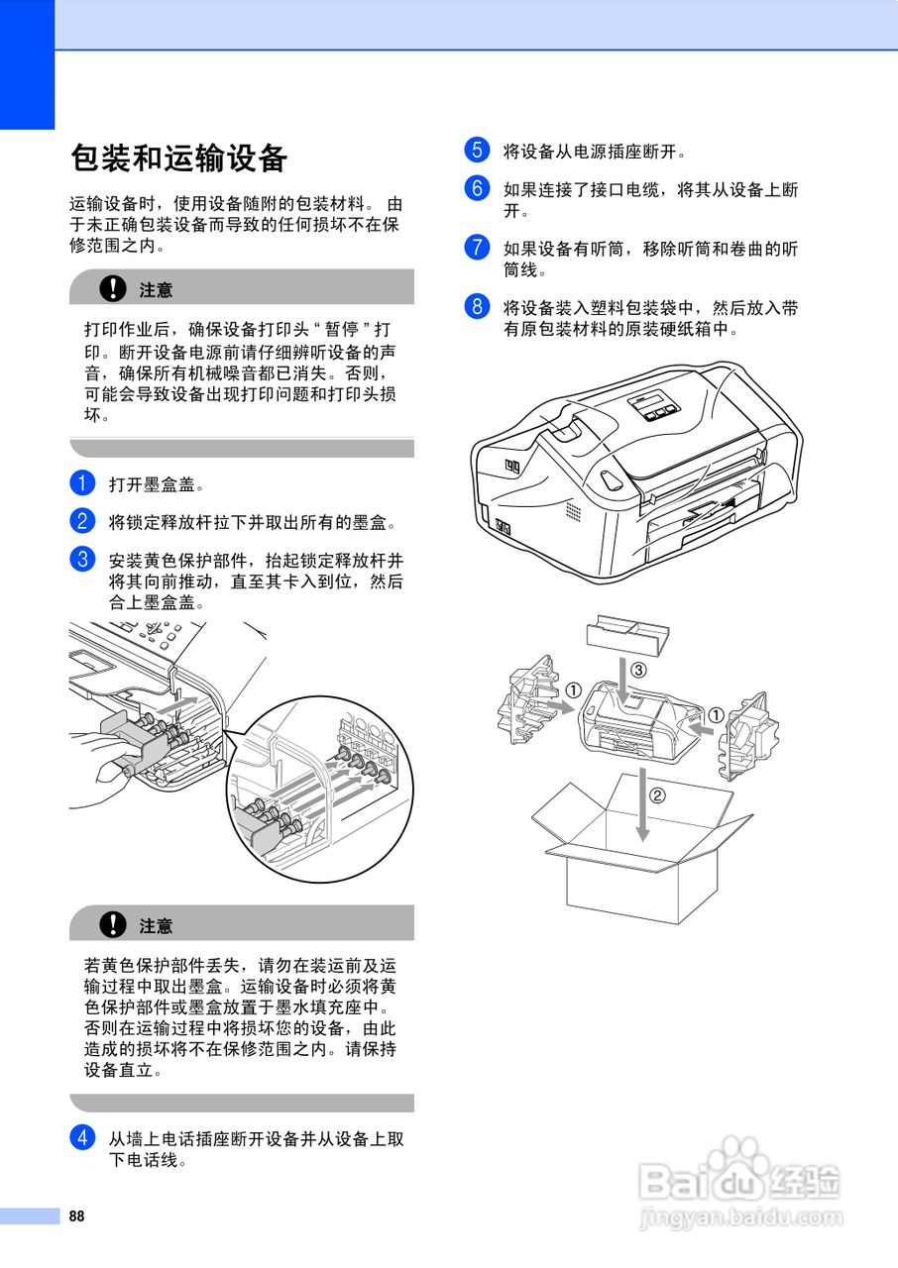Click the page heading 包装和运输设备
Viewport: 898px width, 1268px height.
[179, 158]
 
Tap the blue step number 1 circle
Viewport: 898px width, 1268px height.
[82, 483]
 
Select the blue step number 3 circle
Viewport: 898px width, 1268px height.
[82, 558]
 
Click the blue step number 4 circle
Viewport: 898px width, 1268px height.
[82, 1137]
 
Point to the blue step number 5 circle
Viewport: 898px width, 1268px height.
[477, 151]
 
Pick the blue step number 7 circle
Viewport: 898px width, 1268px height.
[477, 247]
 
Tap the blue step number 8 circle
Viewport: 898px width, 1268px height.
[477, 306]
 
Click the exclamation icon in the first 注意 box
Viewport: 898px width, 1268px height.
[115, 288]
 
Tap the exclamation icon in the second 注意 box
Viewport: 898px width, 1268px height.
[115, 924]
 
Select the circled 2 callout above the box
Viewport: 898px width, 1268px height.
[656, 793]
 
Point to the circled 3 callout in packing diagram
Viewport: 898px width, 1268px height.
[639, 671]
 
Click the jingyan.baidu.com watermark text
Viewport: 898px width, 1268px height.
[741, 1217]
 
